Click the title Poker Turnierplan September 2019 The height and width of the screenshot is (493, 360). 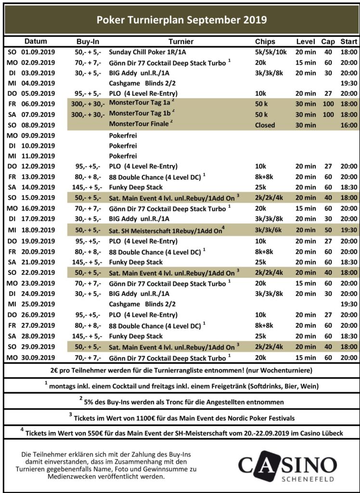(x=181, y=20)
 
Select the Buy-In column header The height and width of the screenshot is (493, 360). (x=87, y=41)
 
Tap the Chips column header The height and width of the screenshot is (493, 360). (x=265, y=41)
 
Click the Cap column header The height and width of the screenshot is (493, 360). (x=328, y=41)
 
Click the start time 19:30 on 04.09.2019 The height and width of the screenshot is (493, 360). (x=348, y=83)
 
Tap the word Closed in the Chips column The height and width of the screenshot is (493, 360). (x=265, y=125)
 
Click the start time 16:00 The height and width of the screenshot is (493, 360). (x=348, y=125)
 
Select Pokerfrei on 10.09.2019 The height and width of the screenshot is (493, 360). (x=123, y=145)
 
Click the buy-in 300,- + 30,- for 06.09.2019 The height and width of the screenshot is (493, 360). (x=88, y=104)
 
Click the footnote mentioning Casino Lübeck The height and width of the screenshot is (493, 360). (x=181, y=433)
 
